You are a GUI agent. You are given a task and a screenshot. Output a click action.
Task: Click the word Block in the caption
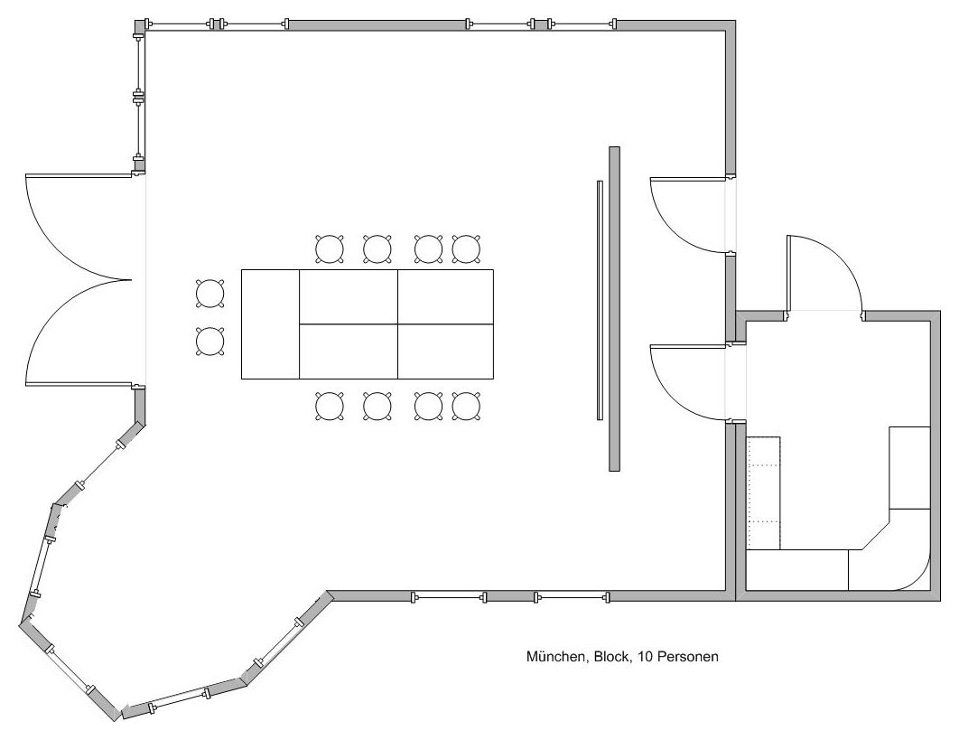[x=611, y=657]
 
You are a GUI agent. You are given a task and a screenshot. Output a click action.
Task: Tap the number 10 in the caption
[x=643, y=657]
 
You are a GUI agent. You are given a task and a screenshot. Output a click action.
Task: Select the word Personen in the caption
[x=686, y=657]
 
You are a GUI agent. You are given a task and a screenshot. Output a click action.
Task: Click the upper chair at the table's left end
[x=209, y=293]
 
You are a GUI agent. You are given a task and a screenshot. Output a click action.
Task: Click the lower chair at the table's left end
[x=209, y=341]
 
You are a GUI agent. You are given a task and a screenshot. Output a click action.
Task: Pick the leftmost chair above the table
[x=329, y=249]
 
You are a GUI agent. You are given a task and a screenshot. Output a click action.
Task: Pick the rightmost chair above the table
[x=466, y=249]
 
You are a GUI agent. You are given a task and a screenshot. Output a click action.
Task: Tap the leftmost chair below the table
[x=329, y=406]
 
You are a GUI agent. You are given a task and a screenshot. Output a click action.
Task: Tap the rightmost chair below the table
[x=466, y=406]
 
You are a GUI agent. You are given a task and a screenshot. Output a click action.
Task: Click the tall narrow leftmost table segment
[x=270, y=324]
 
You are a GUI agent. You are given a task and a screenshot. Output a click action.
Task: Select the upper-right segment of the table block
[x=446, y=297]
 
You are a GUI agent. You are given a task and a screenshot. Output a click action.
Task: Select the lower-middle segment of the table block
[x=349, y=352]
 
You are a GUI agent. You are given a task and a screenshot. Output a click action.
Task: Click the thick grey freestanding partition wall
[x=615, y=309]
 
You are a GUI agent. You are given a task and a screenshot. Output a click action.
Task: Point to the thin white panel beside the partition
[x=600, y=300]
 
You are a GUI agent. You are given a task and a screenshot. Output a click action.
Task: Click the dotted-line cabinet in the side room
[x=765, y=492]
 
